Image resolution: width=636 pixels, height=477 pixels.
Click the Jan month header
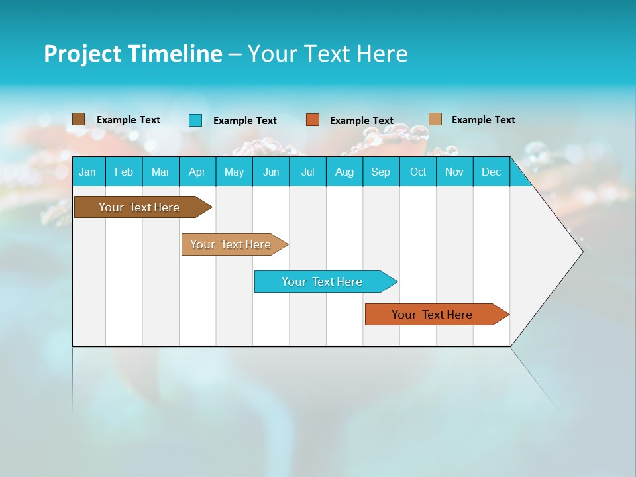point(87,172)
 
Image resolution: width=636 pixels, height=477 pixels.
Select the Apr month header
point(197,172)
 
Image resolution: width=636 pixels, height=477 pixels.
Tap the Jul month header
point(307,172)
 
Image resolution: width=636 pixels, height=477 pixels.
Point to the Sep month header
point(380,172)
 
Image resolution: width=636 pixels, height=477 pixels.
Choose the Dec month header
point(491,172)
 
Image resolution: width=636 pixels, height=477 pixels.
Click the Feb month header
point(124,172)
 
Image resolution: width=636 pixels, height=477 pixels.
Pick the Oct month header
point(418,172)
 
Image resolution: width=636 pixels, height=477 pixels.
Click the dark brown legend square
point(79,119)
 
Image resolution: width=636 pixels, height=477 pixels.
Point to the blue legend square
point(195,120)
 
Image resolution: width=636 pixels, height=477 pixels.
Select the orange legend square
point(313,120)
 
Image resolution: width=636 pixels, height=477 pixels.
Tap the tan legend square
point(435,119)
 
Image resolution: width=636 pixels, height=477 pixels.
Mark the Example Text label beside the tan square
point(483,120)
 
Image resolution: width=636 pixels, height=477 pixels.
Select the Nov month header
point(454,172)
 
